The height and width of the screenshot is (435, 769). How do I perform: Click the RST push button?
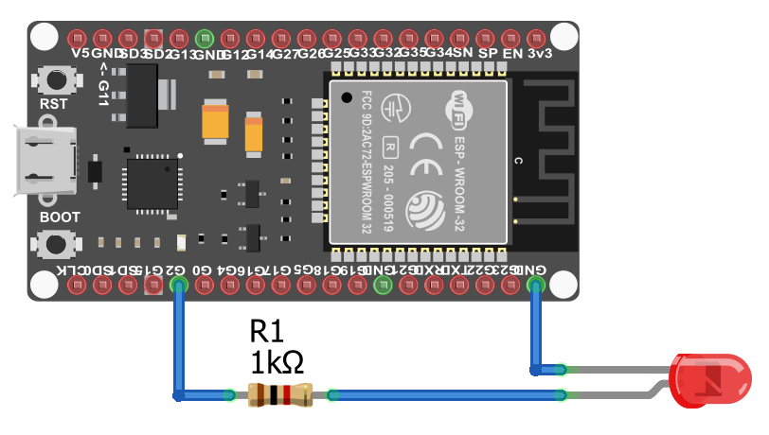(54, 78)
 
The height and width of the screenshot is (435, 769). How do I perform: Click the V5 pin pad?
(80, 40)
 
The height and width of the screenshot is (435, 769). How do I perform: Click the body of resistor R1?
(280, 395)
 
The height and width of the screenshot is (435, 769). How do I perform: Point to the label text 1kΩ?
(277, 362)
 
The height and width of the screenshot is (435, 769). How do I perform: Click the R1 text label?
(266, 331)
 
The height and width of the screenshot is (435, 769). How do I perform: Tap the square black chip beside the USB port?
(152, 183)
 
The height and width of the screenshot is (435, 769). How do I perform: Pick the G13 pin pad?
(181, 40)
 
